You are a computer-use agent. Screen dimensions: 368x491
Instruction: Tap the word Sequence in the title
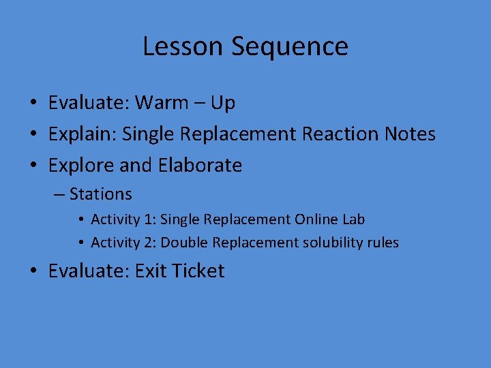pyautogui.click(x=290, y=46)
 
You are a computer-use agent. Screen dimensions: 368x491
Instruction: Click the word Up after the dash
pyautogui.click(x=222, y=103)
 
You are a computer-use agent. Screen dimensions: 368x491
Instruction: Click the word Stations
pyautogui.click(x=101, y=194)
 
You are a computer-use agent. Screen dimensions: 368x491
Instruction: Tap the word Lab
pyautogui.click(x=354, y=219)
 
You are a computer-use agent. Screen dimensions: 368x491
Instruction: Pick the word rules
pyautogui.click(x=383, y=243)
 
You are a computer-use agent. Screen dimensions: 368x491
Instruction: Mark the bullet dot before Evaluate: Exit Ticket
pyautogui.click(x=33, y=272)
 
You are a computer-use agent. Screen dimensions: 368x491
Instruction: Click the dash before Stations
pyautogui.click(x=58, y=195)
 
